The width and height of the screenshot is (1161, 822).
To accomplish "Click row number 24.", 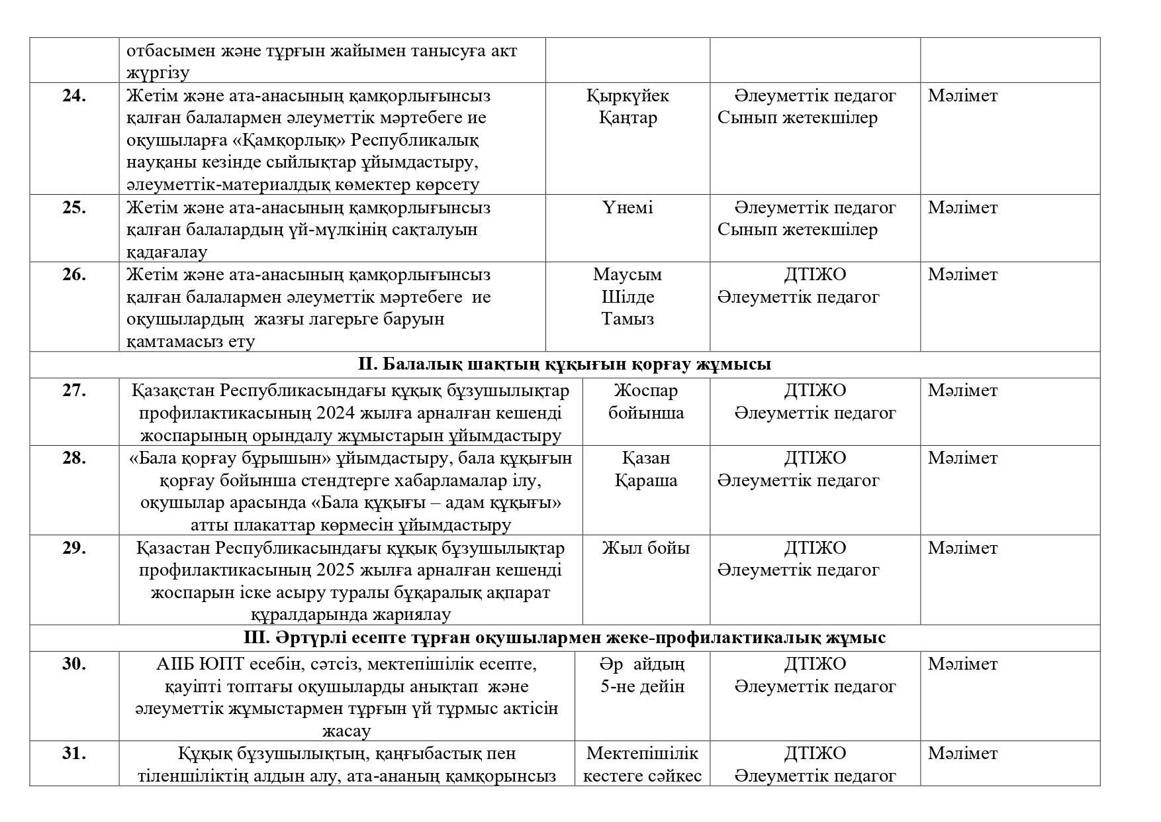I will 74,96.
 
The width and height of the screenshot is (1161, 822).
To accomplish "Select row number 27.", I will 74,391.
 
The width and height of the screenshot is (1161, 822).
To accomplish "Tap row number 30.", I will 74,664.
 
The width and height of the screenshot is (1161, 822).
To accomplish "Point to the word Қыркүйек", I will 627,96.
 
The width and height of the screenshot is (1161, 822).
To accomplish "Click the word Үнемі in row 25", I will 627,208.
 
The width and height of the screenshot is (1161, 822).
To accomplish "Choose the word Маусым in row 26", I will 627,275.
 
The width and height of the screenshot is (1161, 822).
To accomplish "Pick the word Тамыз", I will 627,319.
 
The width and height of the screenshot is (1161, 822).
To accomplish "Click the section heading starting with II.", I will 565,365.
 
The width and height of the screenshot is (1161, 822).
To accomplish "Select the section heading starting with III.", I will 565,639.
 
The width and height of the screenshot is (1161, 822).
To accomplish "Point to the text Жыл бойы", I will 645,548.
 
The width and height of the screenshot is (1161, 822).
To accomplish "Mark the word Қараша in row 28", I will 645,481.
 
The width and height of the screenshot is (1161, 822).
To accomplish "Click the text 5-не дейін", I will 642,687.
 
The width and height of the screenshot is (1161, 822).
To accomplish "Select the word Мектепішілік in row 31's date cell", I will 642,754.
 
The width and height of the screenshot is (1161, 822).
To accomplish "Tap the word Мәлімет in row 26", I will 962,275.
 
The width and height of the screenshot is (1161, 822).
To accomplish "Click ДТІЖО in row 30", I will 815,664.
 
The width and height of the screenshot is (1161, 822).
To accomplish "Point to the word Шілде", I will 627,297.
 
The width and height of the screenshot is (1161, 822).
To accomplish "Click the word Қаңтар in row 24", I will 627,119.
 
